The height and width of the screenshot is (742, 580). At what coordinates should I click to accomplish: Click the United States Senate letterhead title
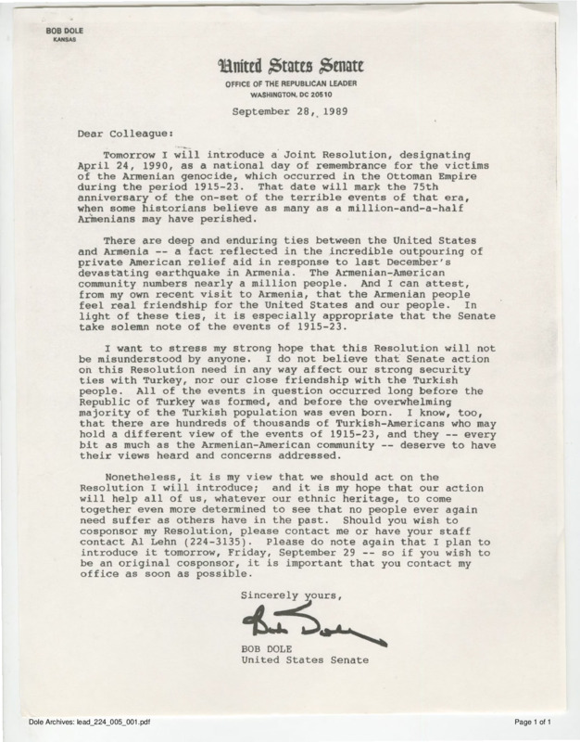click(289, 67)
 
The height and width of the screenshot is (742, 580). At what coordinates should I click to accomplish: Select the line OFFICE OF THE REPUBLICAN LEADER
click(289, 85)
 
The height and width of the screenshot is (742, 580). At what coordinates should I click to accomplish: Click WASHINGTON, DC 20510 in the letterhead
click(289, 96)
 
